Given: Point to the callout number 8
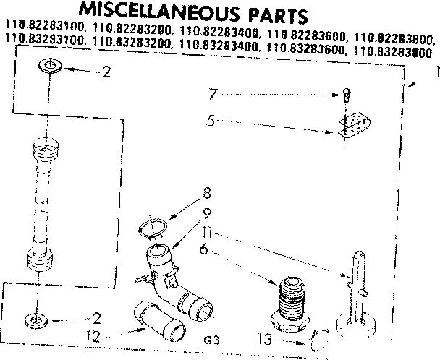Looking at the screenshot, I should [x=207, y=193].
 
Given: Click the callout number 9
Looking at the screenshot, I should [x=207, y=214].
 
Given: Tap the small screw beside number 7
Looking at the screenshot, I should [x=347, y=93].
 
